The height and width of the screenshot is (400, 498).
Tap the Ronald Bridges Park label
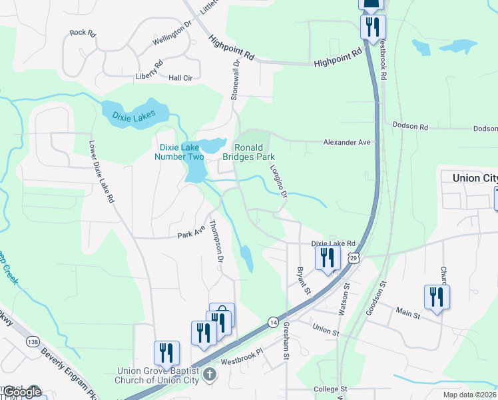click(x=253, y=152)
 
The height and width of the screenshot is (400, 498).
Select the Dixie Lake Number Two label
click(x=179, y=152)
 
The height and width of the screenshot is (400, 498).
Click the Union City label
click(x=475, y=178)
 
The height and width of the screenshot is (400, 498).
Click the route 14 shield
click(x=273, y=322)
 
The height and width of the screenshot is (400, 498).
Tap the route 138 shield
click(x=33, y=341)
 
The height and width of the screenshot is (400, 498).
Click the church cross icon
click(x=210, y=373)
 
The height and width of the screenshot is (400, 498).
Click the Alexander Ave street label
click(x=346, y=142)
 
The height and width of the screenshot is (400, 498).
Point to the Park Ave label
click(x=190, y=235)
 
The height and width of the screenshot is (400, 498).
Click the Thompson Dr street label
click(x=215, y=241)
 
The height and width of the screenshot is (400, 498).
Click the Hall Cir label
click(x=180, y=78)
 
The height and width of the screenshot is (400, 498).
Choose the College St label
click(x=331, y=389)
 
